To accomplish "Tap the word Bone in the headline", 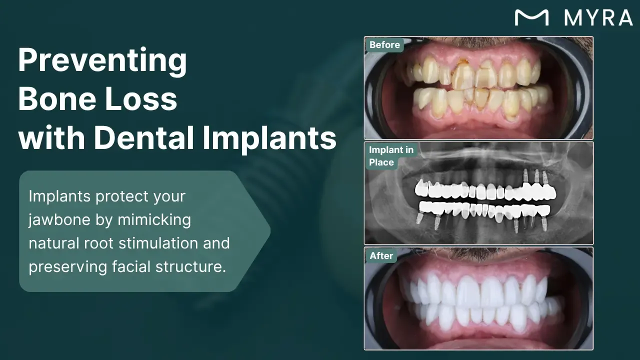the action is [57, 99].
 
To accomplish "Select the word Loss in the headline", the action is [141, 99].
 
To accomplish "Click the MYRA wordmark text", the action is [598, 17].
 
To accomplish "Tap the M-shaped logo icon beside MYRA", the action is [531, 17].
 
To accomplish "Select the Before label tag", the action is [384, 45].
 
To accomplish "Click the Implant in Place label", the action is [391, 156].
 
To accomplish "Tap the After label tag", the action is [381, 255].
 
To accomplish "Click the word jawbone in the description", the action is [59, 220].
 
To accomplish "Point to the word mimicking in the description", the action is [154, 220].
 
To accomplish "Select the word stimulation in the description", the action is [158, 243].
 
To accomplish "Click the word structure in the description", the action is [191, 267].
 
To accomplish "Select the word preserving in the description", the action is [67, 267].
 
